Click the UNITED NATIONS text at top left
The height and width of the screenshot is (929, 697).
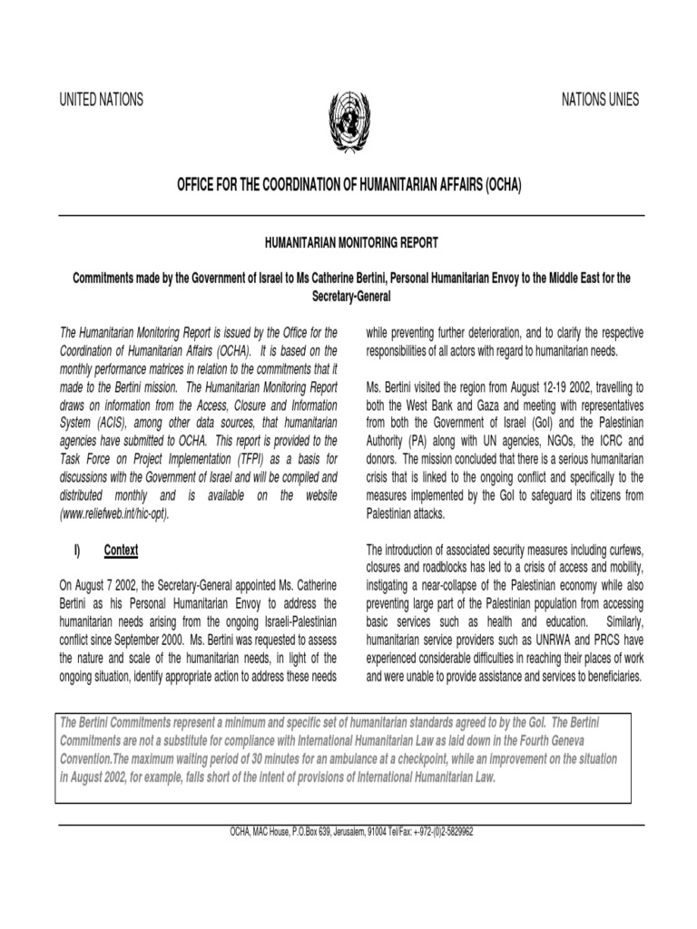point(101,101)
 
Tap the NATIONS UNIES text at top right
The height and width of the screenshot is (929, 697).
point(598,100)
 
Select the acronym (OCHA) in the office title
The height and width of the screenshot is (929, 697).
point(498,185)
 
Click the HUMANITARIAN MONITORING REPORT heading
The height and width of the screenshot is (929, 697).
point(349,242)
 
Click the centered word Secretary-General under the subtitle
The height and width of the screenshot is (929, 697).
point(349,295)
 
